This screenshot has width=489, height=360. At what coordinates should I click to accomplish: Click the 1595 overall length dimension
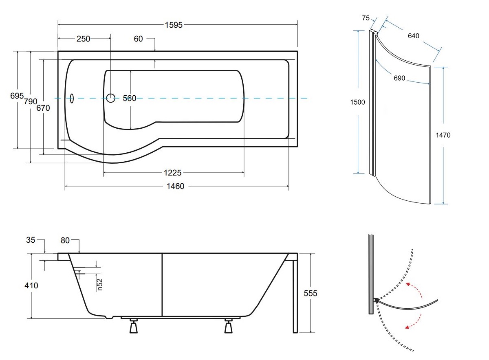coord(174,25)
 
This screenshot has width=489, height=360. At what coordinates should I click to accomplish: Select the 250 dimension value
coord(83,39)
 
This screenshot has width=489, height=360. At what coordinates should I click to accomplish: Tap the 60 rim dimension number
coord(138,39)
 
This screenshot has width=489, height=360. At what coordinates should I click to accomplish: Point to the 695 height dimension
coord(17,96)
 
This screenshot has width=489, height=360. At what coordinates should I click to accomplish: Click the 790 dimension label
coord(31,101)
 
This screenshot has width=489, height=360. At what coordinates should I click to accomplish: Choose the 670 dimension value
coord(43,108)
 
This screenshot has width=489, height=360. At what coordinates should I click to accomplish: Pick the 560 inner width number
coord(130,98)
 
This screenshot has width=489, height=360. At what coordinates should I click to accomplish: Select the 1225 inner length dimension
coord(173,173)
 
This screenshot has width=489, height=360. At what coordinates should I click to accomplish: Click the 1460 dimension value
coord(176,187)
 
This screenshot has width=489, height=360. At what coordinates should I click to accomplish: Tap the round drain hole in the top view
coord(111,98)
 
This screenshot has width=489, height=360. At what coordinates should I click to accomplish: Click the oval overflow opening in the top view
coord(72,98)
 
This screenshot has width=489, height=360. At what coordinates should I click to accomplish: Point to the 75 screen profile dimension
coord(366,18)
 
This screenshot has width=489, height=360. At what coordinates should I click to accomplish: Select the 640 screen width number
coord(413,36)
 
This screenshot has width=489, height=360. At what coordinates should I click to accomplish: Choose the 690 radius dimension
coord(399,78)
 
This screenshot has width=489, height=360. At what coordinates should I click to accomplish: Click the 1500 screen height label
coord(357,102)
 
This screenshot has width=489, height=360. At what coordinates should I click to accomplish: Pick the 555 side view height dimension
coord(310,293)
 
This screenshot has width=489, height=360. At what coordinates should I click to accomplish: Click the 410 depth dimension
coord(31,285)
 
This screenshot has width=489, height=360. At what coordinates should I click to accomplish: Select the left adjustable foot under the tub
coord(133,326)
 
